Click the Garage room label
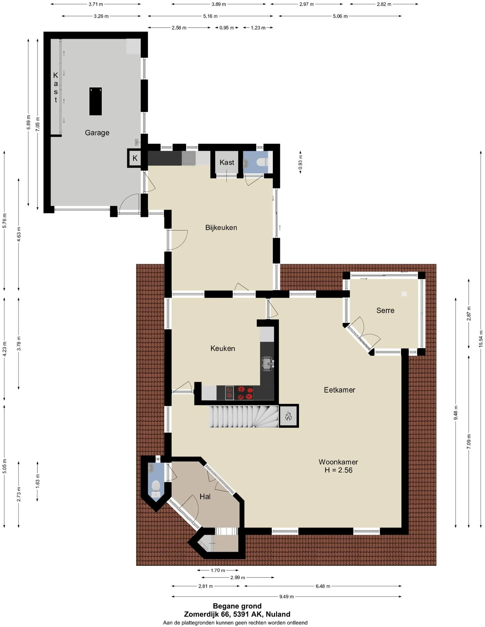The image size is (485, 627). pyautogui.click(x=97, y=133)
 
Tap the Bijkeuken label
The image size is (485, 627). pyautogui.click(x=221, y=228)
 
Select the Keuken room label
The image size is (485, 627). pyautogui.click(x=223, y=348)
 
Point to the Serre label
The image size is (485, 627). pyautogui.click(x=385, y=310)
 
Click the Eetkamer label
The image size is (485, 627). pyautogui.click(x=339, y=390)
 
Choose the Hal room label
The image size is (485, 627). pyautogui.click(x=205, y=497)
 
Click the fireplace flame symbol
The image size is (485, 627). pyautogui.click(x=288, y=416)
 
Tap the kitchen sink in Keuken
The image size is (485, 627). pyautogui.click(x=268, y=364)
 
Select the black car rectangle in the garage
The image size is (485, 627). pyautogui.click(x=96, y=101)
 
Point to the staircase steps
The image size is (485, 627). pyautogui.click(x=244, y=417)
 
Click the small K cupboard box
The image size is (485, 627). pyautogui.click(x=135, y=158)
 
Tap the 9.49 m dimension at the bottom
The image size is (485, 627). pyautogui.click(x=286, y=596)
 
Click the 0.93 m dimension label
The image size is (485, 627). pyautogui.click(x=300, y=162)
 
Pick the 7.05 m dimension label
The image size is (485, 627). pyautogui.click(x=37, y=124)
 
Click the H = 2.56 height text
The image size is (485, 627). pyautogui.click(x=338, y=470)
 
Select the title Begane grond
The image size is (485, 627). pyautogui.click(x=237, y=606)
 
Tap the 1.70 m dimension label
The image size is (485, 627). pyautogui.click(x=218, y=570)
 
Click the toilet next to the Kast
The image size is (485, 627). pyautogui.click(x=262, y=162)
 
